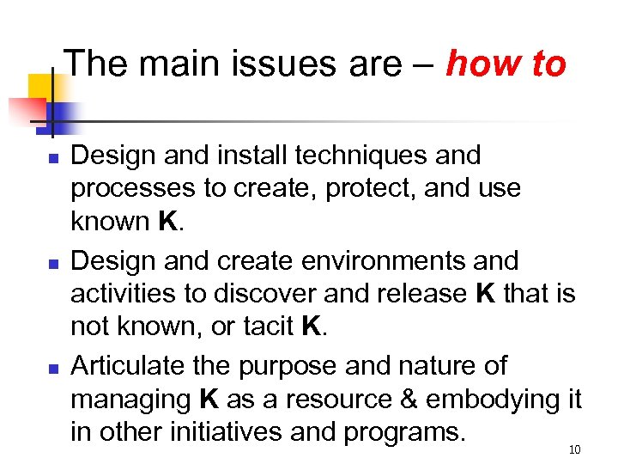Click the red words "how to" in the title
(506, 64)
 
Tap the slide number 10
(574, 449)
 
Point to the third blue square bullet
(52, 369)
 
